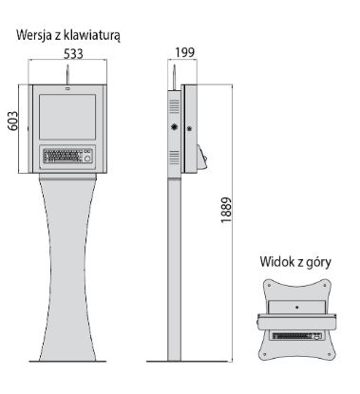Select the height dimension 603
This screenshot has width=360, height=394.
click(13, 129)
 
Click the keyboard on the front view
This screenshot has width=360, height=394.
click(62, 156)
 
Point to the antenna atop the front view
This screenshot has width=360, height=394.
click(67, 71)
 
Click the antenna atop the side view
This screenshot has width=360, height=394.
click(175, 71)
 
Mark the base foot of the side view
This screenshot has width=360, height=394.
click(174, 360)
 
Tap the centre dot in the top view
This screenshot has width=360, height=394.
click(295, 306)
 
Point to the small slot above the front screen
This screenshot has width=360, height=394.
click(67, 89)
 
